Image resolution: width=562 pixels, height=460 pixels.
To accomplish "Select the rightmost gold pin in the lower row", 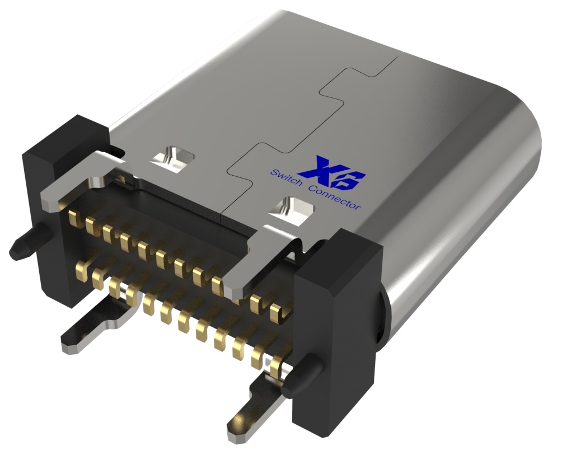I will [x=275, y=367].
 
